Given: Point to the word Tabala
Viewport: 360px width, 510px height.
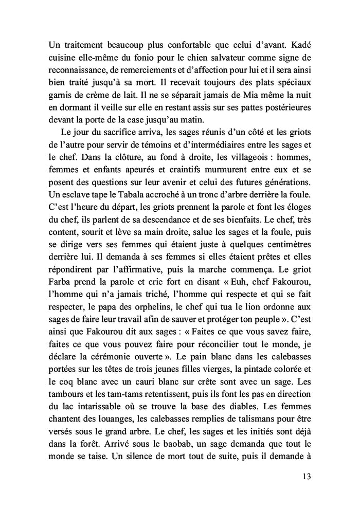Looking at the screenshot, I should [x=117, y=190].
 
